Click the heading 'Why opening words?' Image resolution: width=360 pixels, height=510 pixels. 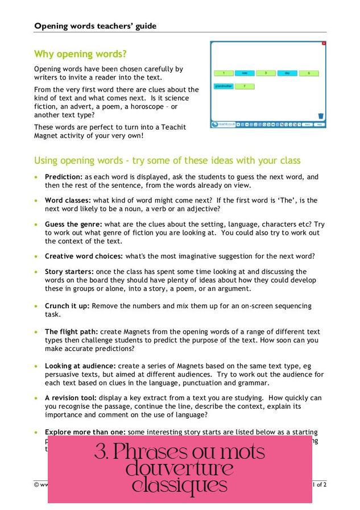coord(80,55)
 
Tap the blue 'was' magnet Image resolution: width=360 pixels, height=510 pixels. coord(245,73)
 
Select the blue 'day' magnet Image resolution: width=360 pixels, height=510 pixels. coord(288,73)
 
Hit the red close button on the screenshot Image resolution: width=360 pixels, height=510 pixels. coord(324,43)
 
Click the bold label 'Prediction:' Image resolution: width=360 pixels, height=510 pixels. coord(64,177)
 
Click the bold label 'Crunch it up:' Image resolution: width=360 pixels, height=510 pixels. coord(67,306)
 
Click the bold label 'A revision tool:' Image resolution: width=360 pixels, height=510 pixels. coord(71,398)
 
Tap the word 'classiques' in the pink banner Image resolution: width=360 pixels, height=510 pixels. coord(180,486)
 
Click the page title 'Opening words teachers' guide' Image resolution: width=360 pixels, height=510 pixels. coord(95,26)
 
